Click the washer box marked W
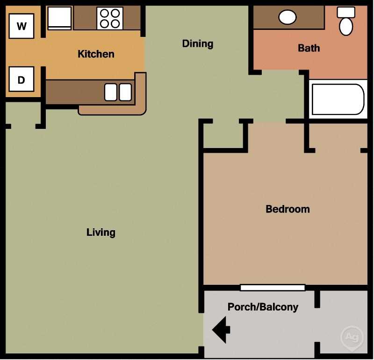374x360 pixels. [x=22, y=26]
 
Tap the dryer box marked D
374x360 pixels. [x=22, y=79]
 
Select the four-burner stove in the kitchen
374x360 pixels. [x=110, y=18]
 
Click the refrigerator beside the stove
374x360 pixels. [x=60, y=18]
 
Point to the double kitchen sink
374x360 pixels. [x=118, y=92]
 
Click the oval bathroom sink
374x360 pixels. [x=287, y=17]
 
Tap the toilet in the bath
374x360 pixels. [x=346, y=21]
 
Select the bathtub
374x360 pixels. [x=338, y=99]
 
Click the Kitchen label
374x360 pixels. [x=96, y=54]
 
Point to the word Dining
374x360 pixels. [x=197, y=43]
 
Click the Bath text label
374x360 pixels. [x=309, y=48]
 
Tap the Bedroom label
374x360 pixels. [x=288, y=209]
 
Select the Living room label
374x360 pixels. [x=101, y=232]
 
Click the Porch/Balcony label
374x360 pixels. [x=263, y=307]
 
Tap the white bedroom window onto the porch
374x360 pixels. [x=273, y=288]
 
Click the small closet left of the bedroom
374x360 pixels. [x=223, y=135]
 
